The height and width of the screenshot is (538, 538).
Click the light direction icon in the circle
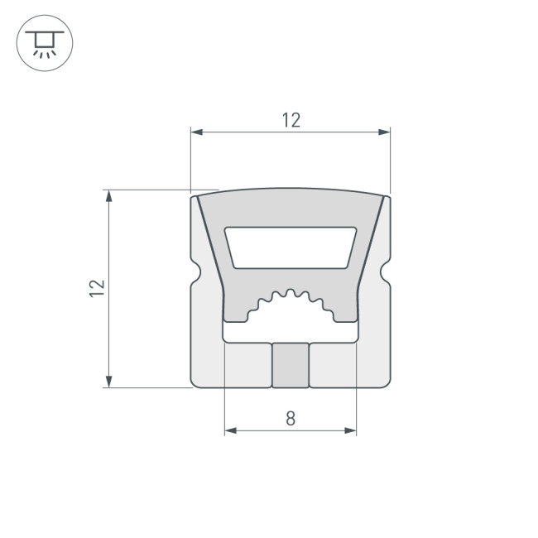coord(45,43)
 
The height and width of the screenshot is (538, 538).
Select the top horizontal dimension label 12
coord(291,120)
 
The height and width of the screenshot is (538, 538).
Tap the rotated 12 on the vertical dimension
coord(98,288)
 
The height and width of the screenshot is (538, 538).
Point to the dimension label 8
coord(291,418)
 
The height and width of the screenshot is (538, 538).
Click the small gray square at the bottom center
coord(291,365)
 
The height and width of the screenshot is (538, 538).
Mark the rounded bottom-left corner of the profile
coord(195,382)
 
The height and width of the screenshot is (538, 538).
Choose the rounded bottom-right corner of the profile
coord(386,382)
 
